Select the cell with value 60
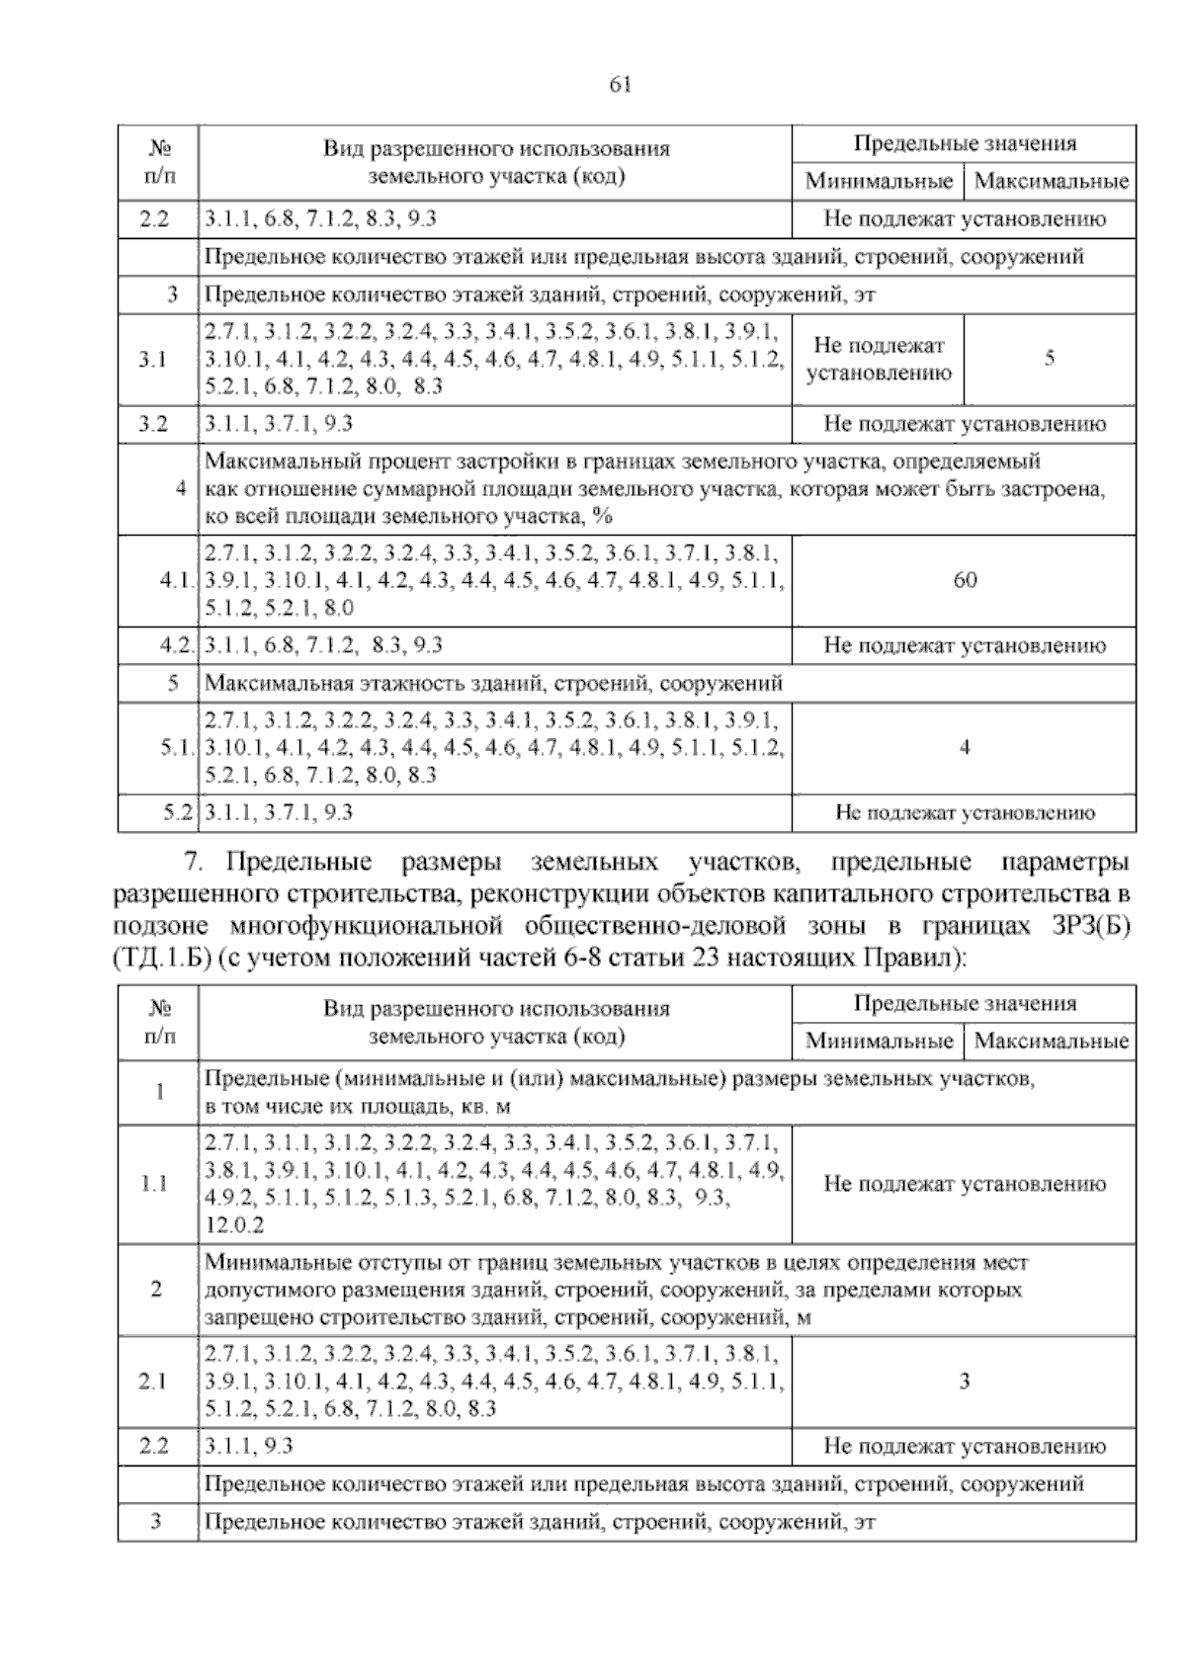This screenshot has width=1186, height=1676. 965,580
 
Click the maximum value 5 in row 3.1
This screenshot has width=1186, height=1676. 1049,359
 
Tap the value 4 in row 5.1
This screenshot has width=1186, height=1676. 965,747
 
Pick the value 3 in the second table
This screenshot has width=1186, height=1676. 965,1382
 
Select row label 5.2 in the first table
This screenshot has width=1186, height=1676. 177,813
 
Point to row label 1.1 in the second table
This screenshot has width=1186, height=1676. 156,1184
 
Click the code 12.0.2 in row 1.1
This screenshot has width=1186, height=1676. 234,1225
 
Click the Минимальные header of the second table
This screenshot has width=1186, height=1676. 879,1041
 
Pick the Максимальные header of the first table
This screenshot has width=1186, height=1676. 1051,181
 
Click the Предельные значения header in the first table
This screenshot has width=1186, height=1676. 965,143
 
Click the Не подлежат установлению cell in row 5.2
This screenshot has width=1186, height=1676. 965,813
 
